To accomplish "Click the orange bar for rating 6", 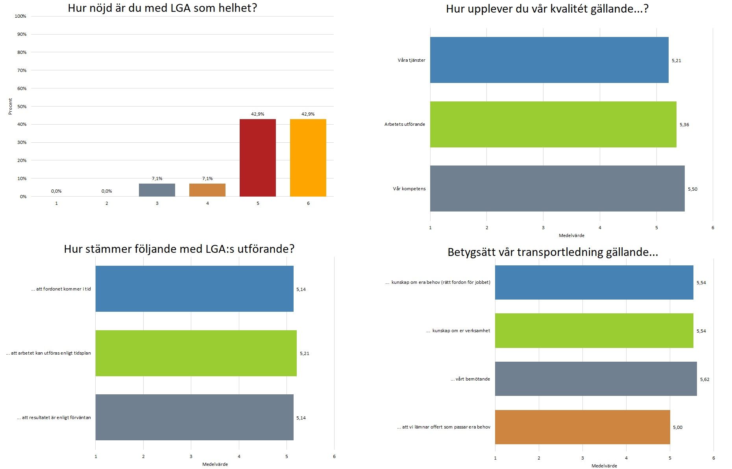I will click(x=308, y=158).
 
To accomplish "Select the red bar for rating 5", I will click(x=257, y=158).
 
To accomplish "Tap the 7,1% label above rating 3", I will click(x=157, y=178).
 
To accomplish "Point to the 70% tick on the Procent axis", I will click(x=22, y=70).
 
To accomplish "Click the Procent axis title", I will click(x=11, y=107).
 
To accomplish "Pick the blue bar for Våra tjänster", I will click(x=549, y=60).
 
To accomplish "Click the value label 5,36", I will click(x=684, y=125).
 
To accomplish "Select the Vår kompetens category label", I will click(x=409, y=189).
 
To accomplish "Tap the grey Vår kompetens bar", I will click(x=557, y=189).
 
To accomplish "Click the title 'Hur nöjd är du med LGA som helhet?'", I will click(x=162, y=8).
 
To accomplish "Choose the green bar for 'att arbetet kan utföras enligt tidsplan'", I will click(x=196, y=353).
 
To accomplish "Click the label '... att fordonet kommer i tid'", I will click(x=61, y=289).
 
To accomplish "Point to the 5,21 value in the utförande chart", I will click(x=304, y=353).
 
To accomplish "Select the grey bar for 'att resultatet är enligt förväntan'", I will click(x=194, y=417).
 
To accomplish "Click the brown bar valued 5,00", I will click(x=582, y=427).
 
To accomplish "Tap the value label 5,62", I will click(x=704, y=379).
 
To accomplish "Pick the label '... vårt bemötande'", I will click(x=470, y=379).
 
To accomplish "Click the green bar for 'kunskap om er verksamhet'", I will click(x=594, y=331).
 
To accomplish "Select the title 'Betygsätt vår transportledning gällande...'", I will click(x=553, y=252).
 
